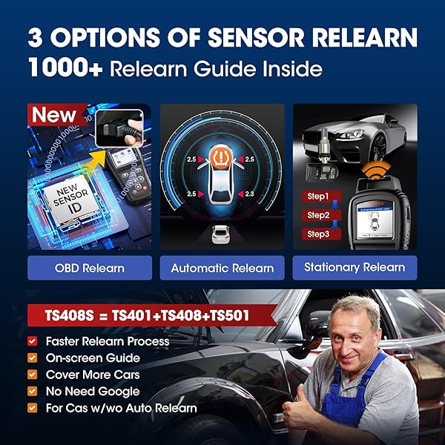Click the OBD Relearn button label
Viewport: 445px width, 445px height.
[90, 268]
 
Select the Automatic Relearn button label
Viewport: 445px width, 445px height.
[222, 268]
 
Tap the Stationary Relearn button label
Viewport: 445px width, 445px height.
[355, 267]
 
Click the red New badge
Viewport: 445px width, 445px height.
[53, 116]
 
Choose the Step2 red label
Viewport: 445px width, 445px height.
[317, 215]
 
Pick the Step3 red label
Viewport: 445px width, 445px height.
[317, 234]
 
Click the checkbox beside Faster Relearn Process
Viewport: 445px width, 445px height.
[32, 341]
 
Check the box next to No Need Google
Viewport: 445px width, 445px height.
[32, 391]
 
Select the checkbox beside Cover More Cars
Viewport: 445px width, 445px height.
[32, 375]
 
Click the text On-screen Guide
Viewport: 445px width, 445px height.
[92, 358]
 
